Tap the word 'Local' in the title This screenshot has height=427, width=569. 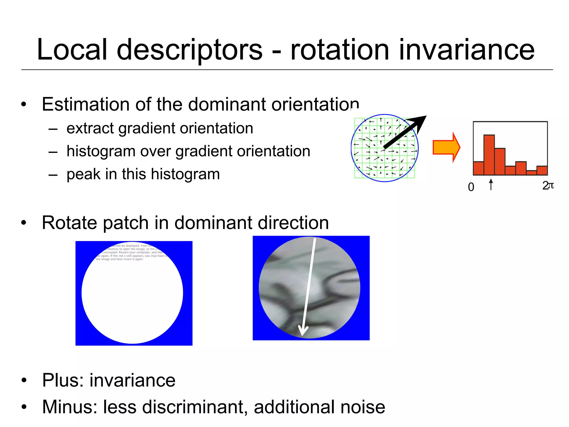[72, 50]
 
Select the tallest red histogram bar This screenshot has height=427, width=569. [489, 155]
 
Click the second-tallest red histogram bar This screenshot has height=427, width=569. [500, 161]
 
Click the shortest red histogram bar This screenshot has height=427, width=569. [531, 173]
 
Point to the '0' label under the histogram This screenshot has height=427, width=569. [471, 187]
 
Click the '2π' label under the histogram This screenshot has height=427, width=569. [548, 186]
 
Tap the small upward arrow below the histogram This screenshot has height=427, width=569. [491, 184]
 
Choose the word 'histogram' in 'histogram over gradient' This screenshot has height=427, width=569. [101, 152]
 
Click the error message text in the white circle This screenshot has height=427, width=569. [131, 252]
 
